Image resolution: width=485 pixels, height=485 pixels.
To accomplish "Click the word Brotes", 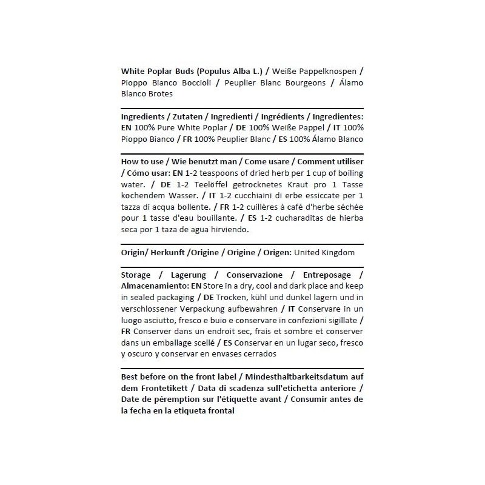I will [159, 94].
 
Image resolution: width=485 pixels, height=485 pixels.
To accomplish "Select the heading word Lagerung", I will [189, 275].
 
